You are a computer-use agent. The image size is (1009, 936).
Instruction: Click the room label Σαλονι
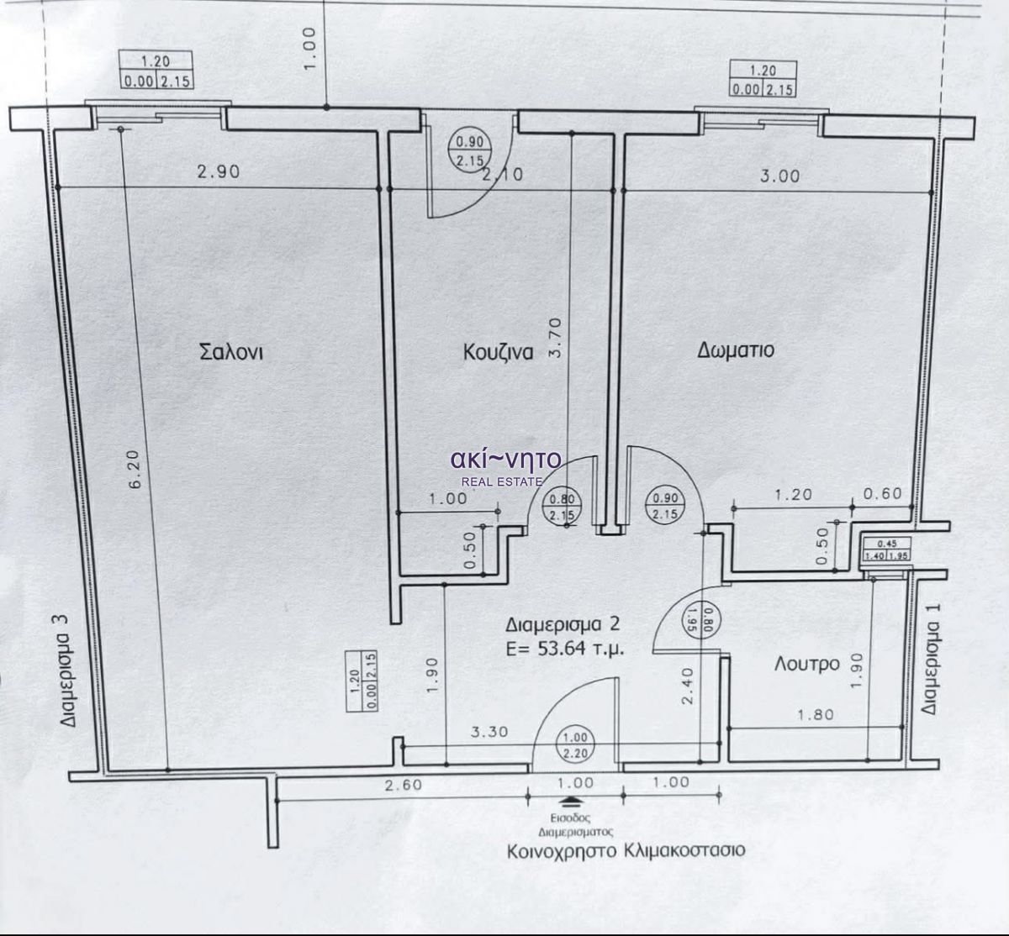[232, 351]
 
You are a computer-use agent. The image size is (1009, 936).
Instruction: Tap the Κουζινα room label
[498, 352]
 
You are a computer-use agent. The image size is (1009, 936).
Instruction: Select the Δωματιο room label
[736, 350]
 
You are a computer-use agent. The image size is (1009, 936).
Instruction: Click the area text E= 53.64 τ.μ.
[564, 648]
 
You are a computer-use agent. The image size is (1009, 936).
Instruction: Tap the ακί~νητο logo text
[506, 459]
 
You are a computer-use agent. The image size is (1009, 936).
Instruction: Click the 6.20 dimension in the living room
[136, 469]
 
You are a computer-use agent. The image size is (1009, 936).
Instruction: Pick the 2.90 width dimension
[219, 171]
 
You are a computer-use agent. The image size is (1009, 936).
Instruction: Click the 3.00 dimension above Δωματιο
[779, 176]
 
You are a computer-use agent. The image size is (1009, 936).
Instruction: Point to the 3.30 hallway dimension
[489, 732]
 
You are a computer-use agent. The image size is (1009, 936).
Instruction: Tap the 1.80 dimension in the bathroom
[816, 715]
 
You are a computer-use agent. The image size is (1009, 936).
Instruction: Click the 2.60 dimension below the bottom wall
[404, 785]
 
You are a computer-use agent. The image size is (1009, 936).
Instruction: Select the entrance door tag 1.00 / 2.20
[575, 745]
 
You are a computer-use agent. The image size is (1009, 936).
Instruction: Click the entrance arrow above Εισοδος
[571, 801]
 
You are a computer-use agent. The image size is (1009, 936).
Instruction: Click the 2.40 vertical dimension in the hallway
[687, 686]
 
